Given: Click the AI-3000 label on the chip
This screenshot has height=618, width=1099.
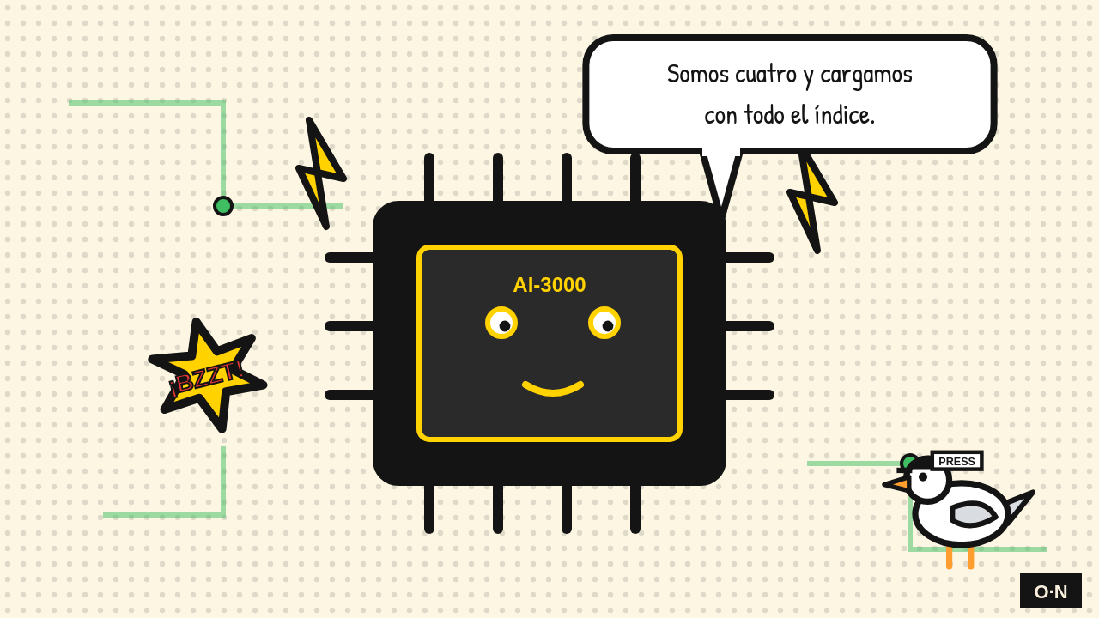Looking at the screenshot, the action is click(549, 285).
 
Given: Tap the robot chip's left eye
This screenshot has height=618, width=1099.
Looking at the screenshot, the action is click(501, 323).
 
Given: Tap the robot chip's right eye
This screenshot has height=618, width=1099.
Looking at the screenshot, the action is click(604, 323).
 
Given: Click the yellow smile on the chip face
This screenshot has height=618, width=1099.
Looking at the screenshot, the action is click(553, 389).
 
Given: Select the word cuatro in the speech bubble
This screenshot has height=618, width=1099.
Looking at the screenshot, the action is click(766, 75).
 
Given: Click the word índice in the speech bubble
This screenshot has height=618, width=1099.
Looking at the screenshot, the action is click(844, 115).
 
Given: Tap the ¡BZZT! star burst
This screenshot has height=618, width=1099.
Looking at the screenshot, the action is click(207, 376).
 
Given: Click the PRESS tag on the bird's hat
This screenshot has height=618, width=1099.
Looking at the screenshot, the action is click(956, 461).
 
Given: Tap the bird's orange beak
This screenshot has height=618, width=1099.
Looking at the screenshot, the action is click(896, 484).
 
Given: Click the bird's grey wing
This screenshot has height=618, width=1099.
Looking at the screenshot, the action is click(974, 514).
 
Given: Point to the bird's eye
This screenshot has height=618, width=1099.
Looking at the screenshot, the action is click(923, 476).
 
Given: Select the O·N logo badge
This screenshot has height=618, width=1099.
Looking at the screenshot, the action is click(1051, 591).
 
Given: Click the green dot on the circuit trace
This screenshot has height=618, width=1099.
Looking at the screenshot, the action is click(223, 206).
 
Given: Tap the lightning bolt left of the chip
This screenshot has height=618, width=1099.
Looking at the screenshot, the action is click(321, 173).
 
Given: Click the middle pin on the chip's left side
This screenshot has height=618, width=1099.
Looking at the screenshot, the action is click(349, 326).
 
